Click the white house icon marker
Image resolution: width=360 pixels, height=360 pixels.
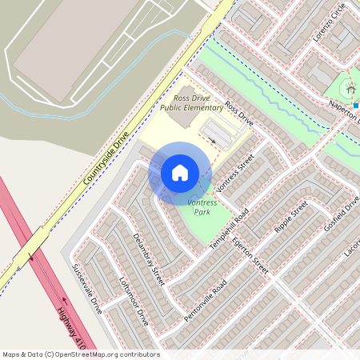(180, 173)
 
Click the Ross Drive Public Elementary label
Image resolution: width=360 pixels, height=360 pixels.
(191, 102)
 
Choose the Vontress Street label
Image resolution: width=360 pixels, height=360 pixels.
(234, 174)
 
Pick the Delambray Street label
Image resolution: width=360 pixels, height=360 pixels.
(147, 254)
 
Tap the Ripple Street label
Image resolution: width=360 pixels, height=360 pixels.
(290, 221)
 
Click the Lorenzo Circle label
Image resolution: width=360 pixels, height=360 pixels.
(329, 22)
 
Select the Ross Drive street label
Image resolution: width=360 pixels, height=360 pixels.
(238, 114)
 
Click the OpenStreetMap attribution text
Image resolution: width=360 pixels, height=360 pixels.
(81, 354)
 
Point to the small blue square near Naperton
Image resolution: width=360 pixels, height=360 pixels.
(356, 105)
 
